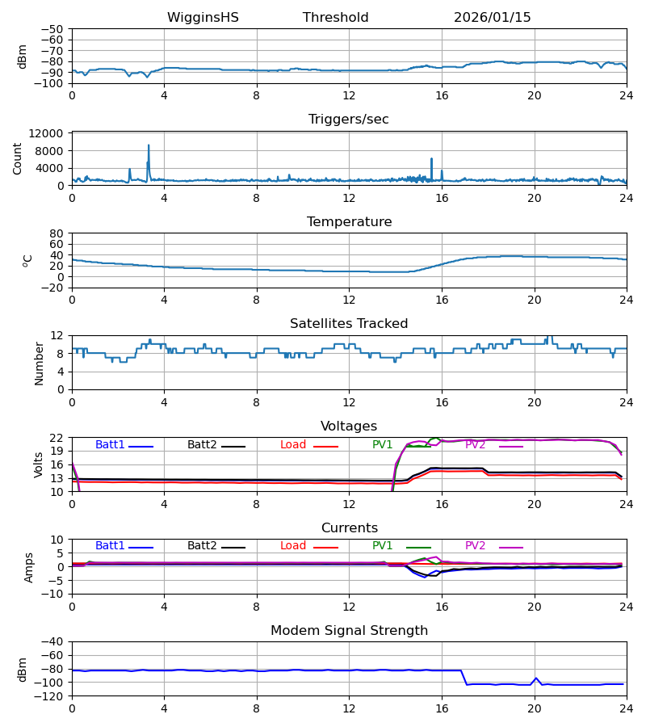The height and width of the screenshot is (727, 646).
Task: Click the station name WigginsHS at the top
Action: (x=203, y=18)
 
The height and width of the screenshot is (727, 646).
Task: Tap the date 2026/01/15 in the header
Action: (x=492, y=18)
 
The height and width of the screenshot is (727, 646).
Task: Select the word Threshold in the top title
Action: (x=335, y=18)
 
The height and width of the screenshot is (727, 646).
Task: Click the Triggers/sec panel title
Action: (x=348, y=120)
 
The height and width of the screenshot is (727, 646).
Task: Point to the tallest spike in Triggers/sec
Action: (x=149, y=146)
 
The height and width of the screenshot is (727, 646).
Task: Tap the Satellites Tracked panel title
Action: (x=348, y=324)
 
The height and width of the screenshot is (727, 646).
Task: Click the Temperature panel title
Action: (x=349, y=222)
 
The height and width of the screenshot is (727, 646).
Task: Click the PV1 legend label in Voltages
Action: (x=382, y=445)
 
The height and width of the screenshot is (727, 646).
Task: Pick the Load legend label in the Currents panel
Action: (x=293, y=546)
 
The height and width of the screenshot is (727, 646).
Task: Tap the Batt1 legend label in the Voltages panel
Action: (x=110, y=445)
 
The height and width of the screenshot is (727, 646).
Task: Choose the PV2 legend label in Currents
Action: (x=475, y=546)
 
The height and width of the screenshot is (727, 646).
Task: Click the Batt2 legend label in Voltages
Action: (x=202, y=445)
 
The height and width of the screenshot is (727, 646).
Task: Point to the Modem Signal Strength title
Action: (x=349, y=631)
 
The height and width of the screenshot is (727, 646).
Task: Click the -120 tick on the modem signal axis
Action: (x=50, y=695)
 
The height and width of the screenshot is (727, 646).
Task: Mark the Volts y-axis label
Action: (x=39, y=464)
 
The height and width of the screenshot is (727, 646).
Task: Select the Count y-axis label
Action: (x=18, y=158)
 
